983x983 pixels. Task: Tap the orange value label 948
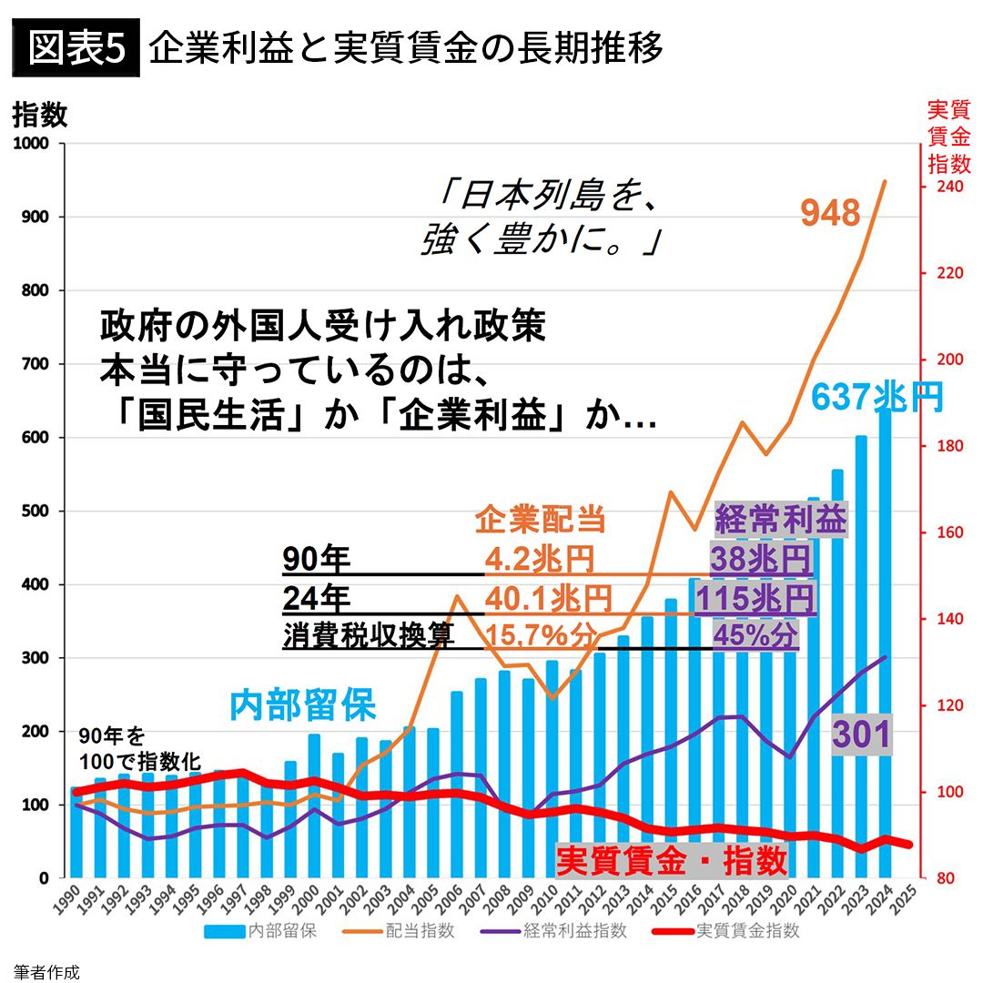tap(830, 213)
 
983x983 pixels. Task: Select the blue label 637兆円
tap(877, 398)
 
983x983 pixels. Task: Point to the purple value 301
tap(861, 733)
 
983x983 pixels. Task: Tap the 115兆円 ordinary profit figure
tap(755, 598)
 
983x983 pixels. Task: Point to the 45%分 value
tap(755, 634)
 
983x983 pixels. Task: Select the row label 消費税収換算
tap(368, 634)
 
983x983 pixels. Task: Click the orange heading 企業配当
tap(540, 519)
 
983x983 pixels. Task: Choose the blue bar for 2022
tap(837, 674)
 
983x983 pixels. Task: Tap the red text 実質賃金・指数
tap(671, 859)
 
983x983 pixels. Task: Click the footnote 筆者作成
tap(46, 971)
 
